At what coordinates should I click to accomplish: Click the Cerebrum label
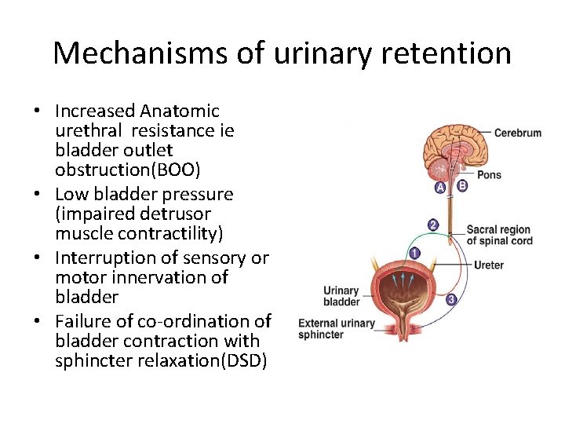(x=517, y=133)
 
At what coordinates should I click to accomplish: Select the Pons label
(x=488, y=174)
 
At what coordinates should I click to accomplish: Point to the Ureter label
(x=489, y=265)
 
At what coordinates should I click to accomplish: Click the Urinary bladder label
(x=341, y=296)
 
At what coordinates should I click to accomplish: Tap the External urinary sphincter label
(x=337, y=328)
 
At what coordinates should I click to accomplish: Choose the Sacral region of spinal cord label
(x=498, y=235)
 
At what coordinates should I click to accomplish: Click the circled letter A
(x=440, y=188)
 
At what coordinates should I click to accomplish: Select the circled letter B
(x=461, y=186)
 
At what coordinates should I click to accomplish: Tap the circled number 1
(x=414, y=253)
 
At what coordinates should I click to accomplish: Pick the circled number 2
(x=432, y=225)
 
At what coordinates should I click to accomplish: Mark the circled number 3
(x=450, y=299)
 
